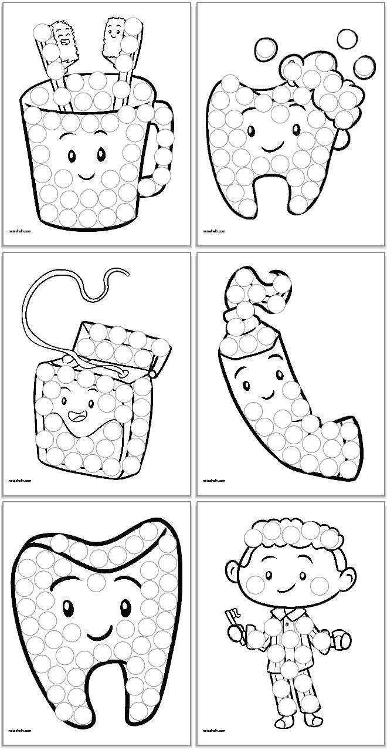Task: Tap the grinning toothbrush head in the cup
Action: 63,39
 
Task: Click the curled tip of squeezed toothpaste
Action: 280,288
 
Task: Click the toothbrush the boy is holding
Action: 230,620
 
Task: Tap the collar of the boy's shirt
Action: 286,614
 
